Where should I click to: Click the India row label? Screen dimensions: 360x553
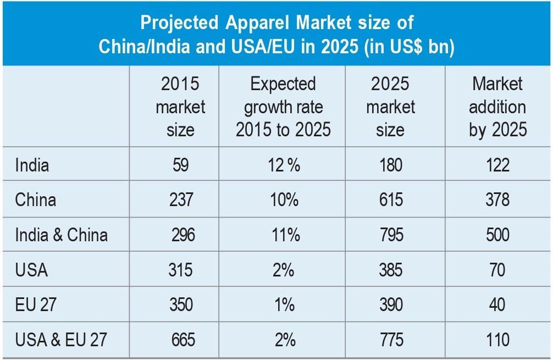click(x=32, y=165)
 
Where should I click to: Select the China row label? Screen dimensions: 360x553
click(x=36, y=200)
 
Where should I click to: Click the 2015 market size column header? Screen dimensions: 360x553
click(x=180, y=107)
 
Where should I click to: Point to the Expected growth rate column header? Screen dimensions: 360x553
click(x=283, y=107)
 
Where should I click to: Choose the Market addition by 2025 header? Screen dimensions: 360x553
click(x=497, y=107)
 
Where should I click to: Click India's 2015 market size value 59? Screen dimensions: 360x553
click(x=181, y=165)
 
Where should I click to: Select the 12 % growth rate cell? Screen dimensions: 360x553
click(x=284, y=165)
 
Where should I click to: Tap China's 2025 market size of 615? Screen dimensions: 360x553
click(x=391, y=200)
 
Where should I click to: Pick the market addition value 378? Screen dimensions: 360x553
click(x=497, y=200)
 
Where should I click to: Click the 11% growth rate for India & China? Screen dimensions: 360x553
click(x=284, y=235)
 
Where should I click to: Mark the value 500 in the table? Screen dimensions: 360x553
click(x=497, y=235)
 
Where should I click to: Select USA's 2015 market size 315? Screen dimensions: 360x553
click(x=181, y=270)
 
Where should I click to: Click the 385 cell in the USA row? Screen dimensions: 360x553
click(x=391, y=270)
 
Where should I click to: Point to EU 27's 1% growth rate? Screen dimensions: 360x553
click(x=284, y=304)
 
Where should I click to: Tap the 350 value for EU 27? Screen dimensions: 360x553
click(x=181, y=304)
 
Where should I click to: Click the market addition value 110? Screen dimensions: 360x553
click(x=497, y=340)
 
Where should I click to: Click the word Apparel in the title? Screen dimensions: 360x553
click(x=251, y=24)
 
